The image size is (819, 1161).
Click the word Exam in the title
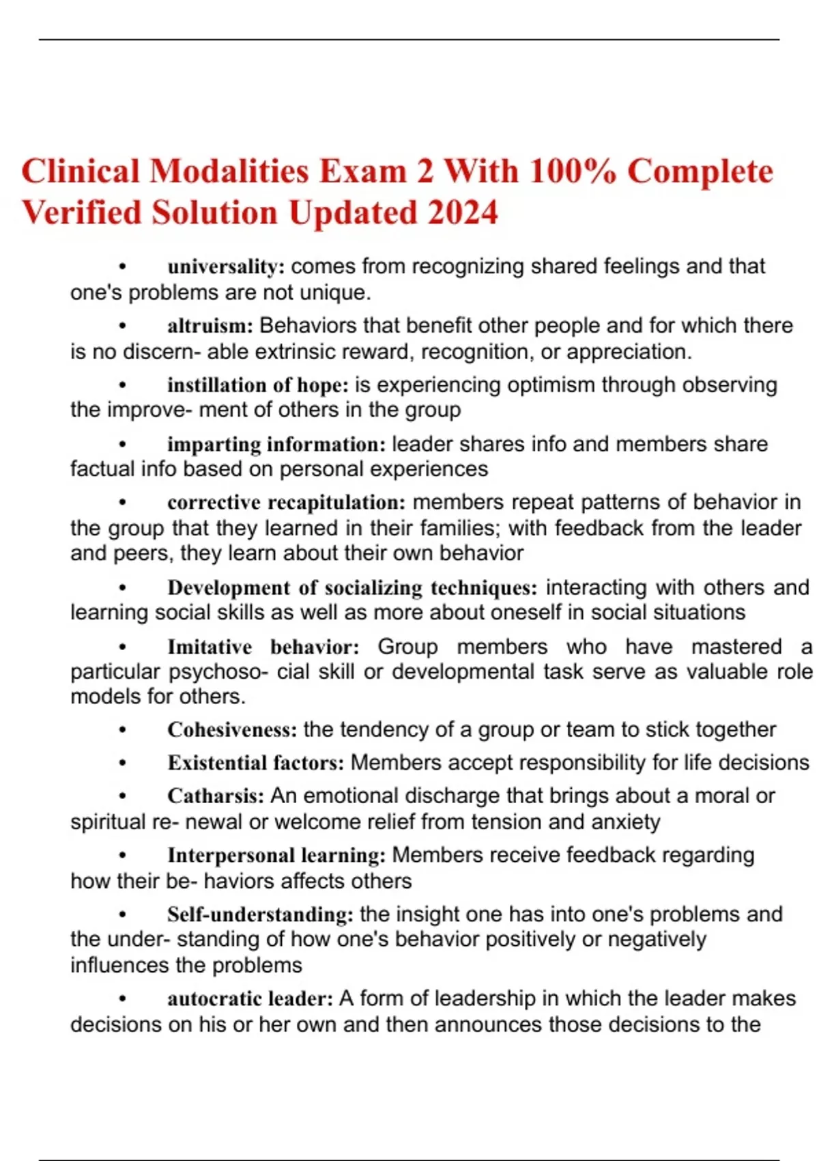click(x=362, y=171)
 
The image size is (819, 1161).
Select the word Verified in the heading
click(x=81, y=212)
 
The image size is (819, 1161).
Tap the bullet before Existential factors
click(x=123, y=763)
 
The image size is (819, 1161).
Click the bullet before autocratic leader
click(x=123, y=999)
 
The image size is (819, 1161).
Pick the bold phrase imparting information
click(x=276, y=445)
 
